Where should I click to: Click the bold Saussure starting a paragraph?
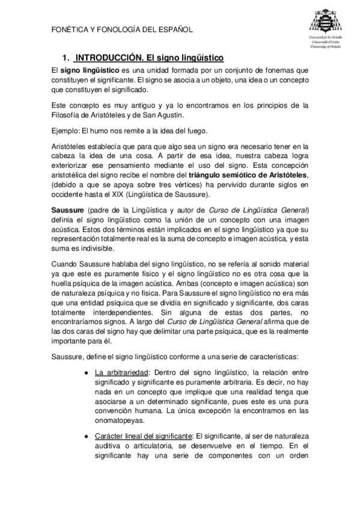[x=68, y=209]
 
